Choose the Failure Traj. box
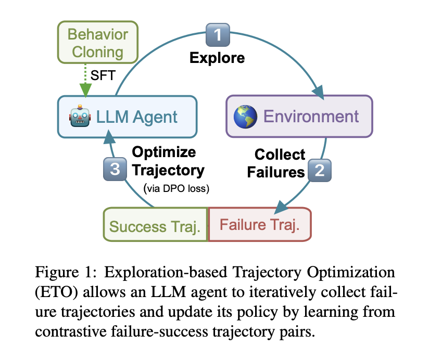[259, 225]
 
